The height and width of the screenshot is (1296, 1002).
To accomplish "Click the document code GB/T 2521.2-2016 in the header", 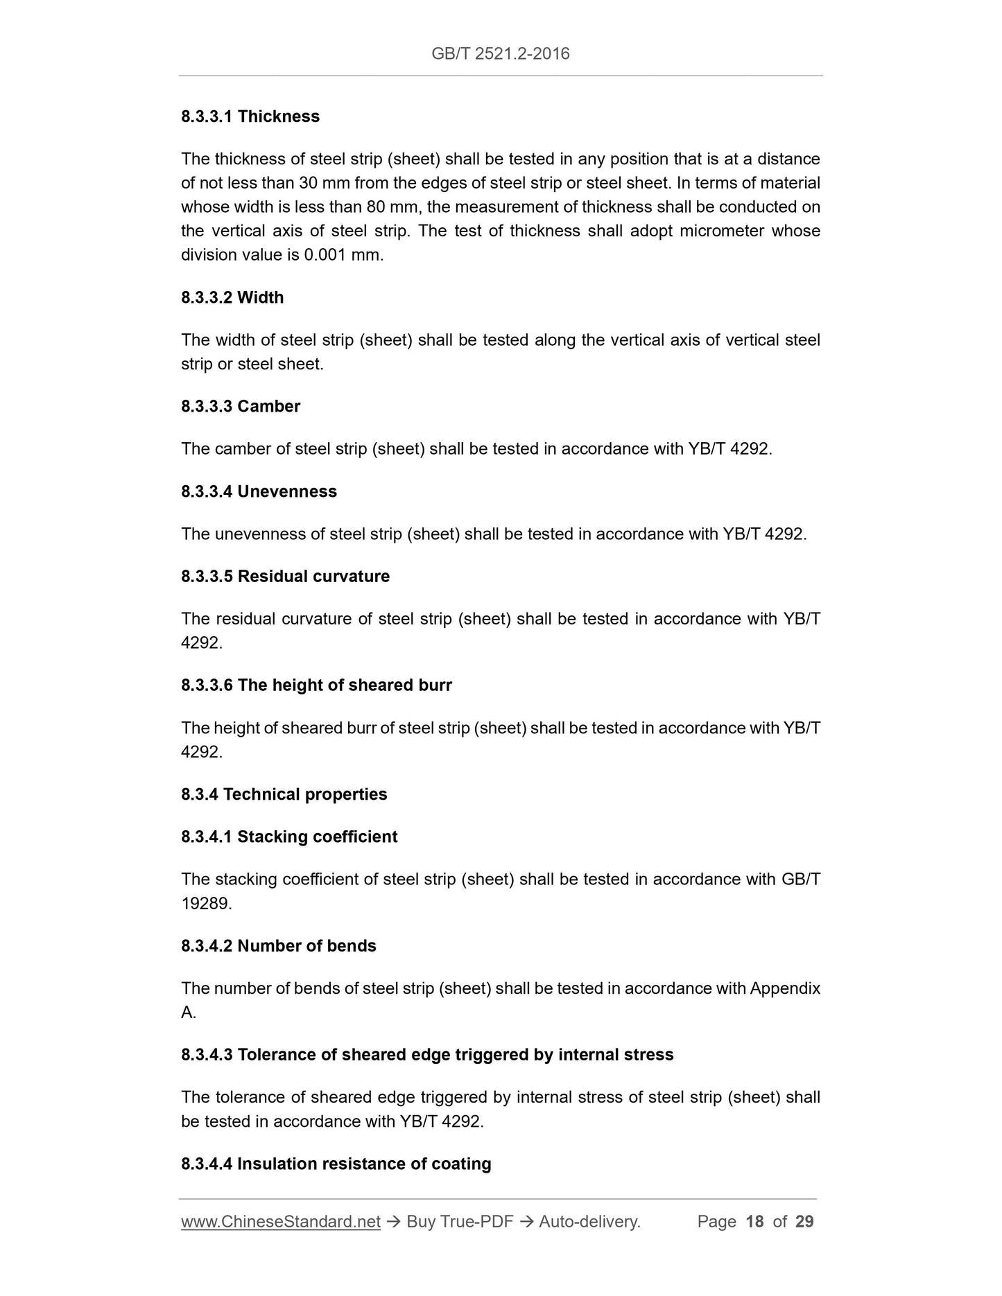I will tap(500, 53).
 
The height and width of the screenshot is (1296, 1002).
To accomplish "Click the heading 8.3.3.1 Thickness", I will tap(250, 116).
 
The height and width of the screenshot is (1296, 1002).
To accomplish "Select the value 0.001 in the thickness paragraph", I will tap(324, 255).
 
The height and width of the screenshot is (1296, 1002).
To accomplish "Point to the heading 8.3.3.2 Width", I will tap(232, 297).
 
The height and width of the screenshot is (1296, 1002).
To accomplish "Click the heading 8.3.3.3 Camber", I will tap(241, 406).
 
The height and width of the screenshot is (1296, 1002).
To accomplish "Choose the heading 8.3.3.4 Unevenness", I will tap(259, 491).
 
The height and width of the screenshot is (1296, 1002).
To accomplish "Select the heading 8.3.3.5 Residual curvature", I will tap(285, 577).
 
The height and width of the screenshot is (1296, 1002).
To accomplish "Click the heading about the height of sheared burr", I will tap(316, 685).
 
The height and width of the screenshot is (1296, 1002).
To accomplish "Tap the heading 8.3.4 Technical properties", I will tap(284, 794).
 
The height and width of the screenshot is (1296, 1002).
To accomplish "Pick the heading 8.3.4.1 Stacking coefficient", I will tap(289, 837).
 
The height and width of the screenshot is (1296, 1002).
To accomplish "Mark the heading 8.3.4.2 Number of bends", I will tap(279, 946).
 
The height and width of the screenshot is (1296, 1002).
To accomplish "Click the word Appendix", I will tap(785, 988).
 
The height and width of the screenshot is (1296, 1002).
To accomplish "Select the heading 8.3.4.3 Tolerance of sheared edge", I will tap(427, 1055).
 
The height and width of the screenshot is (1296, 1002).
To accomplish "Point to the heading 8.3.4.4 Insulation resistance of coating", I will tap(336, 1164).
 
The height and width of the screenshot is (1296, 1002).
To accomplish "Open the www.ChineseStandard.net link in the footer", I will tap(281, 1222).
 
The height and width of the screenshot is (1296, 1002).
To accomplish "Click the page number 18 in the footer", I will tap(754, 1222).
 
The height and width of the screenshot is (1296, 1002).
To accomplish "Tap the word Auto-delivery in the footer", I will tap(589, 1222).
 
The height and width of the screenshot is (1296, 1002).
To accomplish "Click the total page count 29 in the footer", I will tap(804, 1222).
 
